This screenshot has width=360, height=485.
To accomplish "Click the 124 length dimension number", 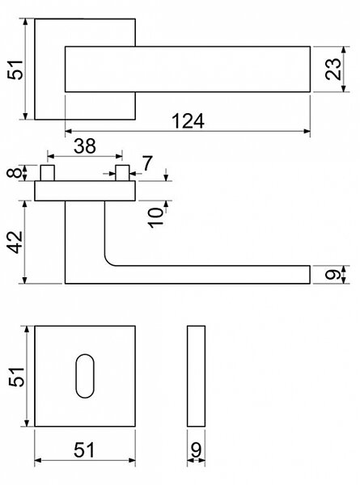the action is [x=188, y=121].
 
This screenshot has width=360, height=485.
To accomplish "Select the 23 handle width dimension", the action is [x=333, y=69].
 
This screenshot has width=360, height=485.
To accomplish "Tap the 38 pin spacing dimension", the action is [x=85, y=146].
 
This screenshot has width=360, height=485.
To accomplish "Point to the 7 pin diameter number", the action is [x=147, y=163].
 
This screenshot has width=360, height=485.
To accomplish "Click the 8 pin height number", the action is [x=15, y=172].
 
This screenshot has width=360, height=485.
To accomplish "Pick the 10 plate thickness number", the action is [x=156, y=217].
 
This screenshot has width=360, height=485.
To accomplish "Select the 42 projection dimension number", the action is [x=15, y=242].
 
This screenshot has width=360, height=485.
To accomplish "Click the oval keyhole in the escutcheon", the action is [x=85, y=376].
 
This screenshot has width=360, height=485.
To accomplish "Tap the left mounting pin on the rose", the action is [x=48, y=173].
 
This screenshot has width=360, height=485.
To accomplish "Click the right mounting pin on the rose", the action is [x=122, y=173].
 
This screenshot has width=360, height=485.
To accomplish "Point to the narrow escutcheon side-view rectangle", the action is [x=196, y=376].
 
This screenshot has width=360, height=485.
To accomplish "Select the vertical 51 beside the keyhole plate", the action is [x=16, y=377].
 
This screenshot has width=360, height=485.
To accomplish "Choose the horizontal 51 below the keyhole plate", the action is [x=84, y=450].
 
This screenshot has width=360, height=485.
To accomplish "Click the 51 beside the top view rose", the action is [x=15, y=70].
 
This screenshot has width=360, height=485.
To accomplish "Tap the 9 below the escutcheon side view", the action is [x=196, y=450].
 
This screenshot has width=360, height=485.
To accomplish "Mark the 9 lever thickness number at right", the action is [x=333, y=274].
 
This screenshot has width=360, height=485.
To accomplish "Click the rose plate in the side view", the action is [x=85, y=191].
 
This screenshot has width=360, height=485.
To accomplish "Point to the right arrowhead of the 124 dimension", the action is [x=307, y=132].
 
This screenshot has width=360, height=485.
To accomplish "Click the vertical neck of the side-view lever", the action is [x=85, y=232].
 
